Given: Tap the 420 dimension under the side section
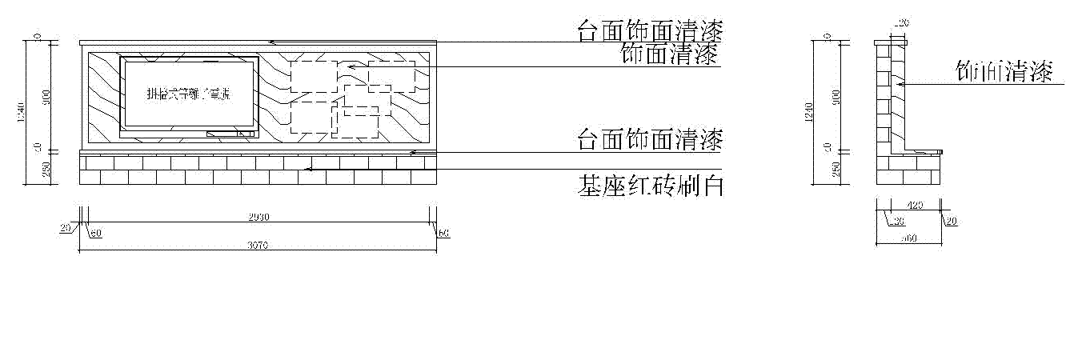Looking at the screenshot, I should (915, 206).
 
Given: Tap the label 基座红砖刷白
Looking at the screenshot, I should (651, 187).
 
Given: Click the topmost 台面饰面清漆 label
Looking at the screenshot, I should (651, 31).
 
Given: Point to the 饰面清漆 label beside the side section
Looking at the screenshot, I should (1004, 71).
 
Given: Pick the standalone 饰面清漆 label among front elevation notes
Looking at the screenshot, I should (671, 54).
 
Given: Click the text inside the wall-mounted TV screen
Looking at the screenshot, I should (188, 94).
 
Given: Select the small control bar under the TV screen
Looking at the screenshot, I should (230, 134).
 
